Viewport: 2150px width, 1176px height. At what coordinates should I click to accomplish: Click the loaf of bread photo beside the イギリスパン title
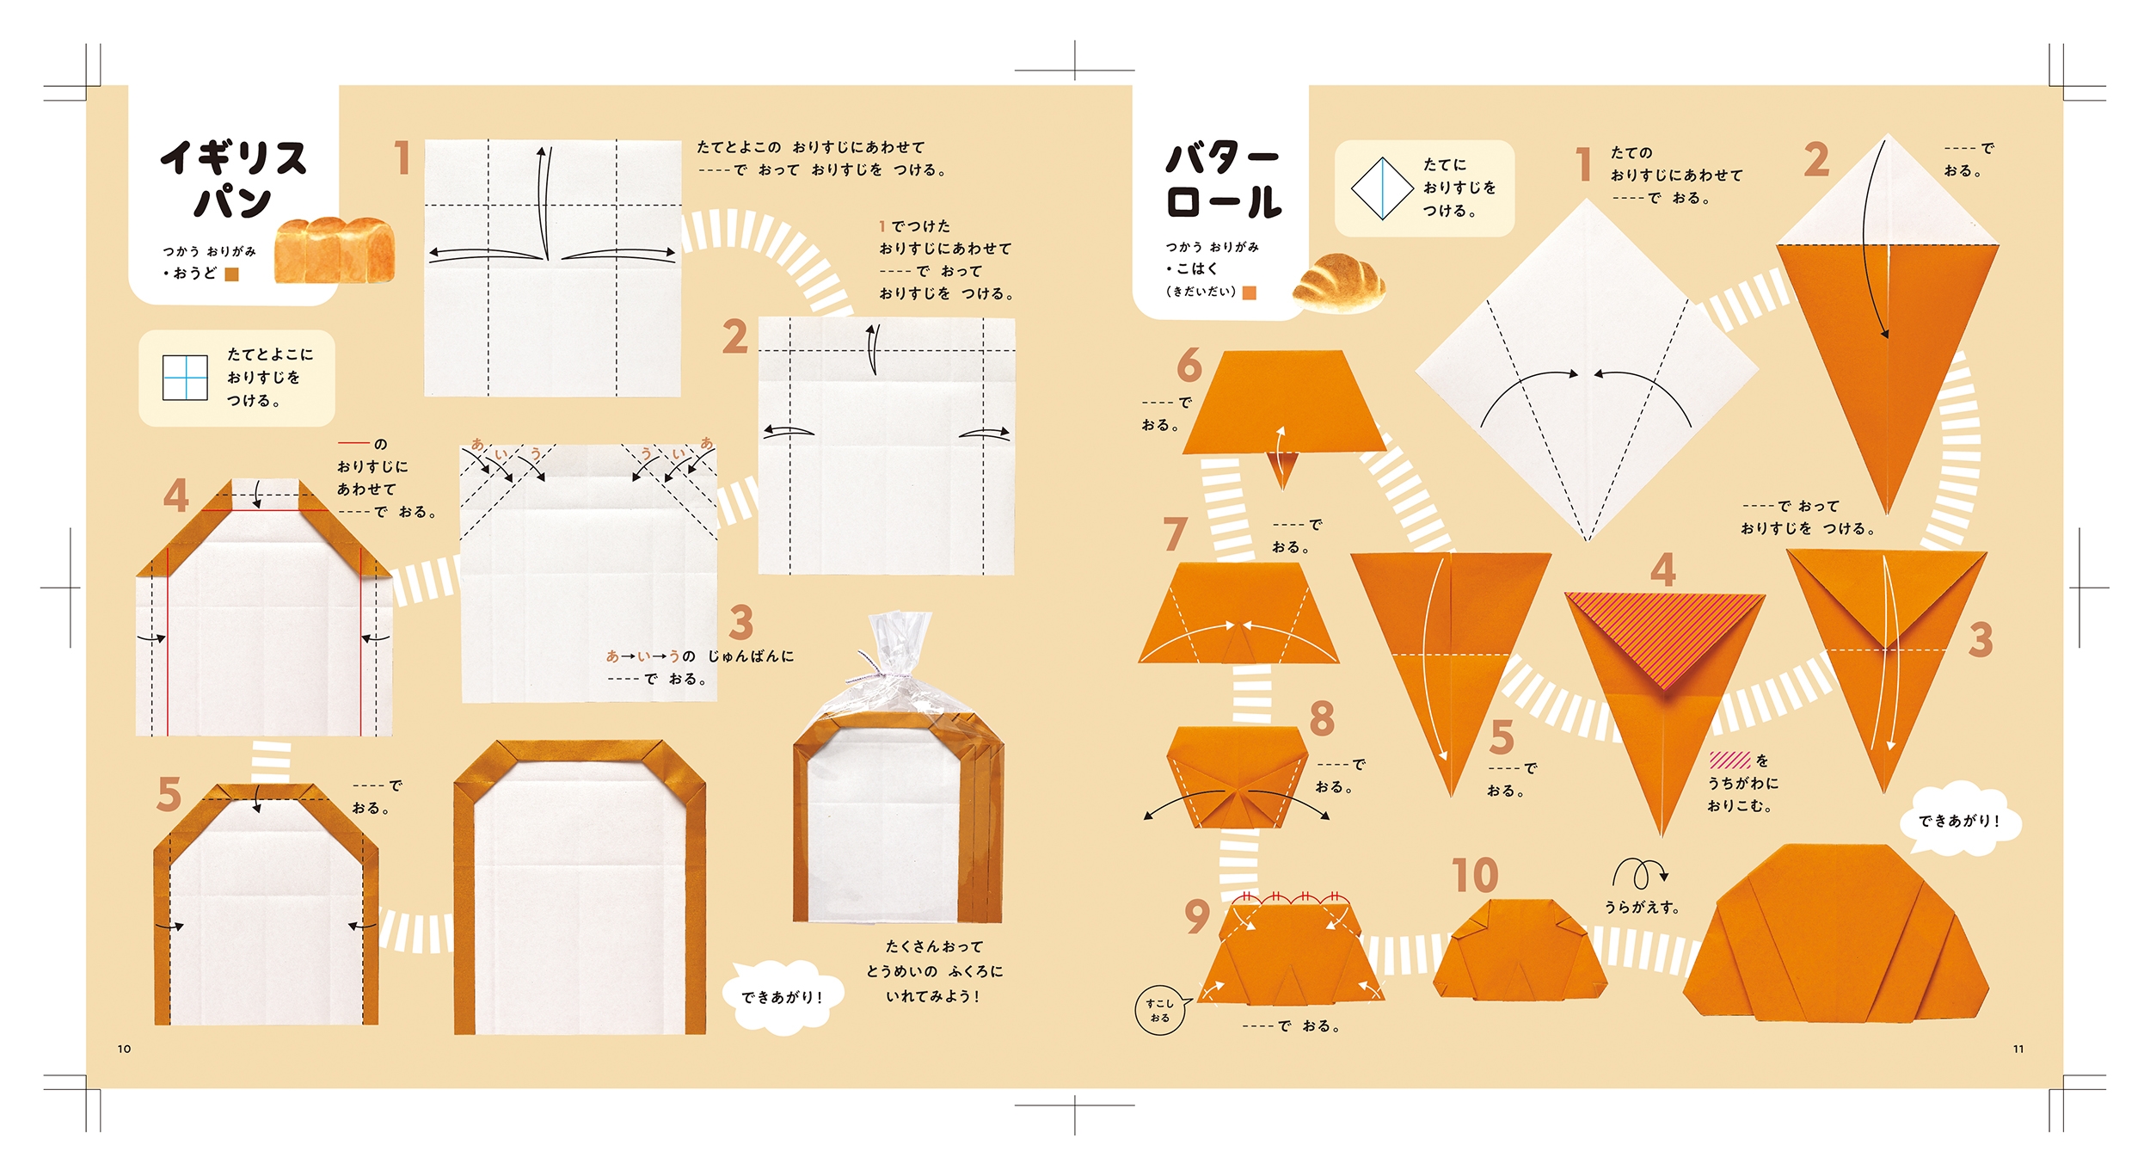[x=335, y=249]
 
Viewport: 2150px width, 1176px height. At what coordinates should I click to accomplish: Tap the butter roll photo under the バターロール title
[x=1339, y=282]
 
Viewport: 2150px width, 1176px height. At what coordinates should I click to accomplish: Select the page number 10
[x=124, y=1049]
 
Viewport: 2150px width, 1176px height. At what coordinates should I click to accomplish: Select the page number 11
[x=2018, y=1049]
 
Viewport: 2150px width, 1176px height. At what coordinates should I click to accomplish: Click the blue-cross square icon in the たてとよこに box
[x=185, y=378]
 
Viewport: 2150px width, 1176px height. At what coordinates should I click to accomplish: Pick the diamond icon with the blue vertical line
[x=1382, y=188]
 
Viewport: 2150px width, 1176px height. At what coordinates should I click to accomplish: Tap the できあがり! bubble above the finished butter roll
[x=1960, y=821]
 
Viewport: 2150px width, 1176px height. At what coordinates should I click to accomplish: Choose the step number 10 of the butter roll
[x=1475, y=876]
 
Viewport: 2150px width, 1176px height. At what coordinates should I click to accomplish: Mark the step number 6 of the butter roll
[x=1189, y=365]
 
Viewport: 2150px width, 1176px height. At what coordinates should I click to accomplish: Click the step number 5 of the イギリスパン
[x=169, y=794]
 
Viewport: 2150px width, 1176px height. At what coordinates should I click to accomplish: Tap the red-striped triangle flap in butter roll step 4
[x=1664, y=631]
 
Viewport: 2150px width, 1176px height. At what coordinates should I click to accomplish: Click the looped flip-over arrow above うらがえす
[x=1640, y=874]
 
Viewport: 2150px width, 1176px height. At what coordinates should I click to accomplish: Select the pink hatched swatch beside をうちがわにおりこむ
[x=1729, y=760]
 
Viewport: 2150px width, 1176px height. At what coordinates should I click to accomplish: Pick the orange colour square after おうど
[x=231, y=274]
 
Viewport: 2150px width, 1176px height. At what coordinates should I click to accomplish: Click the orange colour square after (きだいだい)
[x=1250, y=292]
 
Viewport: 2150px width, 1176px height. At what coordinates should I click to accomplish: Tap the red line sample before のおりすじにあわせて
[x=353, y=443]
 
